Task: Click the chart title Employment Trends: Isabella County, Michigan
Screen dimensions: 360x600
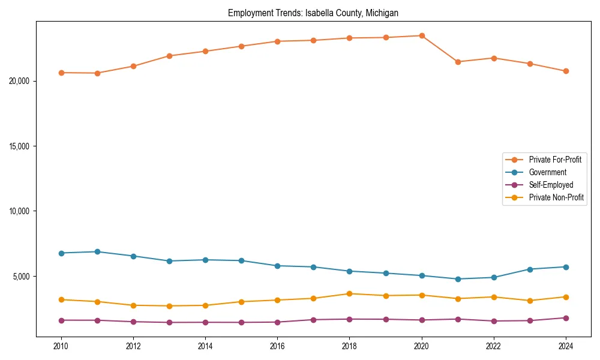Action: [x=313, y=13]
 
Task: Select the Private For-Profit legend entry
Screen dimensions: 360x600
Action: [x=555, y=160]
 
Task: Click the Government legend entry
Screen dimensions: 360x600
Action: [x=547, y=172]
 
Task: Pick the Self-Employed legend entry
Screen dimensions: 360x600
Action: [x=551, y=185]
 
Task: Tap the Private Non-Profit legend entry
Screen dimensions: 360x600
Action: [x=556, y=197]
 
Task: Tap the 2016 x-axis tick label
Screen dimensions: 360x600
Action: [x=277, y=346]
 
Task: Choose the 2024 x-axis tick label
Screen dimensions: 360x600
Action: [x=566, y=346]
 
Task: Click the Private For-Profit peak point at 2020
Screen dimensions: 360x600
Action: [x=422, y=35]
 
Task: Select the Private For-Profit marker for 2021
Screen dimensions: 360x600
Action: [x=458, y=62]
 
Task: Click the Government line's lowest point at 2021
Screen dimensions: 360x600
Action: [x=458, y=279]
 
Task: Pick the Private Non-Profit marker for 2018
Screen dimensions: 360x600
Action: [x=349, y=293]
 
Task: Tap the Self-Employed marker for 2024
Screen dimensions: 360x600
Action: [x=566, y=318]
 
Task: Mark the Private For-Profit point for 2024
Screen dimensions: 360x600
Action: [x=566, y=71]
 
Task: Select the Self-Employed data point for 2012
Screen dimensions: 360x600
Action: [x=133, y=322]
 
